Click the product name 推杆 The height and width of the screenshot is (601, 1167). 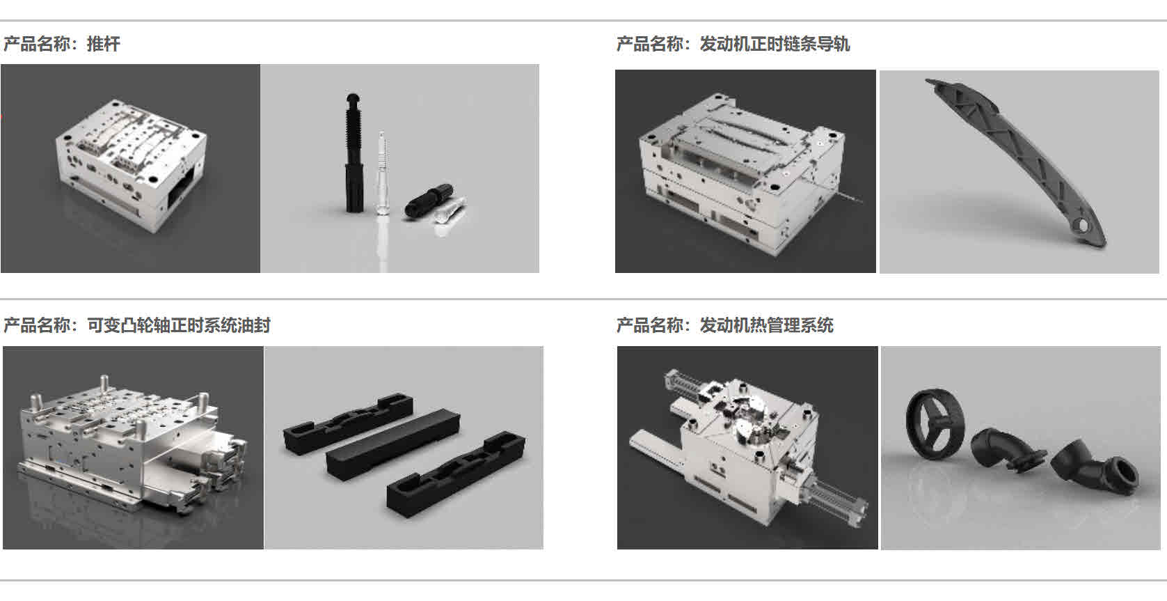103,44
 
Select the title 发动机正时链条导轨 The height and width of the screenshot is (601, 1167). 775,44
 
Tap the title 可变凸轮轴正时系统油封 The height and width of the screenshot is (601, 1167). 179,325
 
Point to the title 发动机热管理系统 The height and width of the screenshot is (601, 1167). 766,325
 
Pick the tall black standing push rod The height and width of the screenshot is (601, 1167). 354,153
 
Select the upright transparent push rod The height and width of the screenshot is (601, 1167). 382,173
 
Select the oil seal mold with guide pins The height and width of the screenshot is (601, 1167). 133,446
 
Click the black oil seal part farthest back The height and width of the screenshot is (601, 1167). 348,424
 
